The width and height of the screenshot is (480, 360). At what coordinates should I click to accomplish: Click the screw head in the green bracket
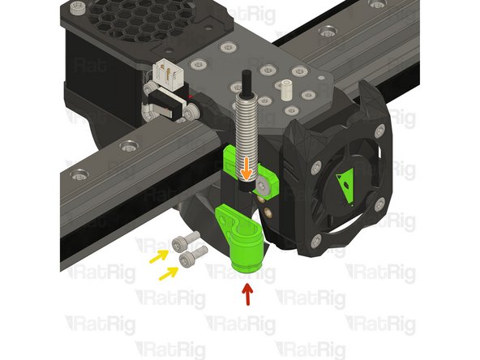tap(265, 186)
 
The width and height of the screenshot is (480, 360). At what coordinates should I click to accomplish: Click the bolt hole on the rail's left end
tap(79, 174)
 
